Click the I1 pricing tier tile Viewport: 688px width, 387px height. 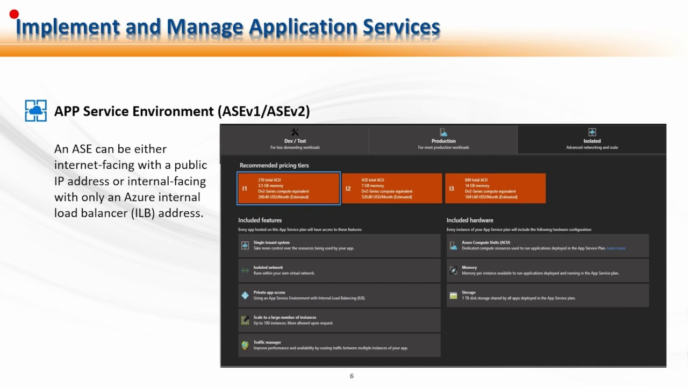[289, 189]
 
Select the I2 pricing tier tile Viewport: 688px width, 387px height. [392, 189]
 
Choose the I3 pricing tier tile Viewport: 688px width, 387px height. [495, 189]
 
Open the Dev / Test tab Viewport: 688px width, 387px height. [295, 139]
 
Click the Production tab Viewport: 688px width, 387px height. [443, 139]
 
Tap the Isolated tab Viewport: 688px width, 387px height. [592, 139]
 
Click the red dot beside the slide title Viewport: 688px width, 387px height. [14, 14]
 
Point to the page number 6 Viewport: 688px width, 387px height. [352, 376]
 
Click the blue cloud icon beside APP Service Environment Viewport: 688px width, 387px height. [36, 111]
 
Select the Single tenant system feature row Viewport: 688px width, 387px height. [339, 246]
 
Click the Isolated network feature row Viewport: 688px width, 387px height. [339, 270]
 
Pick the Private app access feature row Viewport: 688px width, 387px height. [339, 295]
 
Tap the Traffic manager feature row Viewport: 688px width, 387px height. [339, 345]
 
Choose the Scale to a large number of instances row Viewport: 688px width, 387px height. [339, 320]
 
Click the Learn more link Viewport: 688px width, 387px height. [616, 248]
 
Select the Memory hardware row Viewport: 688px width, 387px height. [547, 270]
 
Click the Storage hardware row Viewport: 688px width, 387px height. [547, 295]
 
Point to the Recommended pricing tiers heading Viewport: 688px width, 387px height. [274, 166]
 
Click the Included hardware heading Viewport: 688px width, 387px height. [470, 220]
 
